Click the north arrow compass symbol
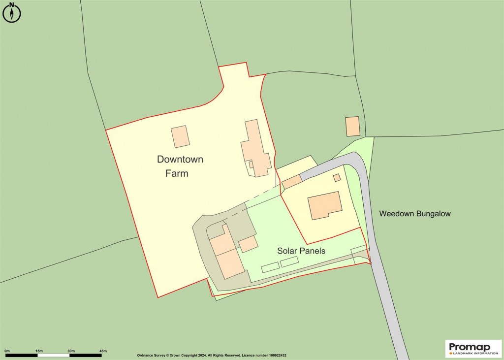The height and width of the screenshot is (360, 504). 12,13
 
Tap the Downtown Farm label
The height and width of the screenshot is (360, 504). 180,166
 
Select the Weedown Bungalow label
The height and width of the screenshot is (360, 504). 415,214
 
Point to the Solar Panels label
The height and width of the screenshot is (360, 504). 301,251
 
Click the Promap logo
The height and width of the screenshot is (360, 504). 473,348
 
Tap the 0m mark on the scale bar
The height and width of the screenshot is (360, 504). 7,351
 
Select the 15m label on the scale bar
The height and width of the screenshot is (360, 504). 39,351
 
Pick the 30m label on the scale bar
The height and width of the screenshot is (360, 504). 71,351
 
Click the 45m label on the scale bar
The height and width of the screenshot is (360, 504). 103,351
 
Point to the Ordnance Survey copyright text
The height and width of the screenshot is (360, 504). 212,355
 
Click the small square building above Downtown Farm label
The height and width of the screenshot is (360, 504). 181,136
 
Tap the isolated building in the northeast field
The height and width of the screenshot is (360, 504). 352,127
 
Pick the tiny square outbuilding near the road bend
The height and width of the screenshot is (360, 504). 337,178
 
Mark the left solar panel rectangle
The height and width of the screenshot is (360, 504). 270,267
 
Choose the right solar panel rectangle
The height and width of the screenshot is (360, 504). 289,262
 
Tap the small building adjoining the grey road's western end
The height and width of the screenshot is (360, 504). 291,182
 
